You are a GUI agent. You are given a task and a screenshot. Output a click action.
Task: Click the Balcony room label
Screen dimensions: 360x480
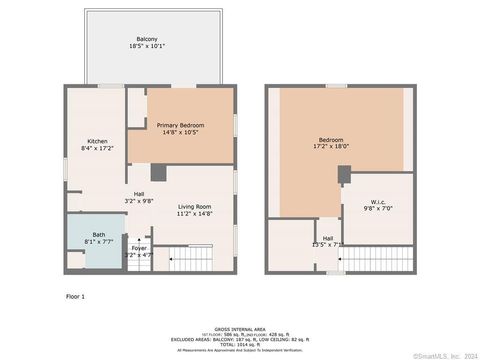tap(147, 39)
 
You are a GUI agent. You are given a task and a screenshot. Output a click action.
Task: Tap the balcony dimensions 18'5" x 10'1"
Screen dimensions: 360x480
tap(147, 46)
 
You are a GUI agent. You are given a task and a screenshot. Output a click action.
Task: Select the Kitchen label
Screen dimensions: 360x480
tap(97, 140)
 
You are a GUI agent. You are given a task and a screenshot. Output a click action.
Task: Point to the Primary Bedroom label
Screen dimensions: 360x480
tap(180, 125)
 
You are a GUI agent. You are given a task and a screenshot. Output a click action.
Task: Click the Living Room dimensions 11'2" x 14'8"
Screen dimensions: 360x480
tap(193, 213)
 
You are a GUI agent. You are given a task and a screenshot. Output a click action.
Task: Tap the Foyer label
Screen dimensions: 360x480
tap(139, 248)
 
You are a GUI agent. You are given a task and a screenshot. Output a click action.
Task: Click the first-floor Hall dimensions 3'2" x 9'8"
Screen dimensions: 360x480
tap(140, 201)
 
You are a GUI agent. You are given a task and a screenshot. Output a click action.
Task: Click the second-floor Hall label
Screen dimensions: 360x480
tap(327, 238)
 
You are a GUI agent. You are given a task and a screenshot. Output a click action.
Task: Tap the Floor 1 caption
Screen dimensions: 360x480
tap(76, 297)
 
